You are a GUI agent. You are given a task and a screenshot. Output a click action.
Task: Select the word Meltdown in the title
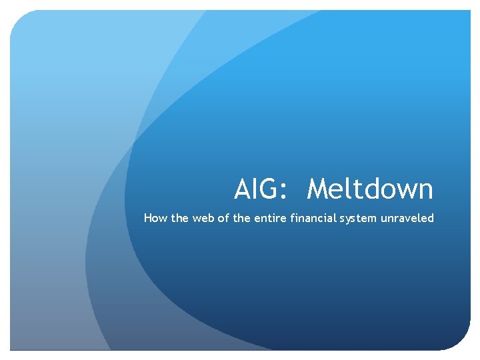[x=370, y=189]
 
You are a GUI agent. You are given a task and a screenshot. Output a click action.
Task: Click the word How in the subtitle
[x=154, y=218]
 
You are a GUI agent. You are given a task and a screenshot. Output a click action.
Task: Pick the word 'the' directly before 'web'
[x=179, y=218]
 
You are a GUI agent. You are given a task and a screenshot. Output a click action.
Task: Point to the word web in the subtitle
[x=203, y=218]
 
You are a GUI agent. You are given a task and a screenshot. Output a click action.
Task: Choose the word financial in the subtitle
[x=313, y=218]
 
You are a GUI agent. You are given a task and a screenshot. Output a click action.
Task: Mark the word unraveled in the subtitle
[x=407, y=218]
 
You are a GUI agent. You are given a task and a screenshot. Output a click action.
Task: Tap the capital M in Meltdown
[x=319, y=189]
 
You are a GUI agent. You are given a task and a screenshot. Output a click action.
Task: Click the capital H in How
[x=148, y=218]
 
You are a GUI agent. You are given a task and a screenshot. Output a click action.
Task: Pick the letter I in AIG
[x=257, y=189]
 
